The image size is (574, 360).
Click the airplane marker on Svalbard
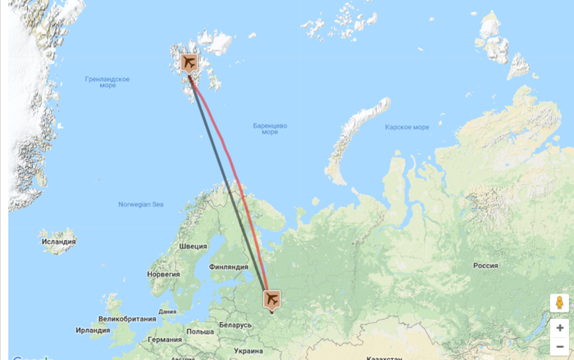(189, 63)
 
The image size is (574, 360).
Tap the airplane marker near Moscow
(271, 300)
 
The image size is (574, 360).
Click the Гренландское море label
(107, 82)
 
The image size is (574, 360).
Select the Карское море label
(407, 127)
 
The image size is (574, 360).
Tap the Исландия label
(58, 241)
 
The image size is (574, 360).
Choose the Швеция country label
(194, 246)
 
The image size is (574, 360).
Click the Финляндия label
(229, 267)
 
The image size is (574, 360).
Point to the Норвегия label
(163, 275)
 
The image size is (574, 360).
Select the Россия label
(485, 266)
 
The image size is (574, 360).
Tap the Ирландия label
(93, 330)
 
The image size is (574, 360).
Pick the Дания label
(167, 312)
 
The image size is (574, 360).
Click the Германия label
(165, 339)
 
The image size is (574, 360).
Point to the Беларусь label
(236, 325)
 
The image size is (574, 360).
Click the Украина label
(249, 351)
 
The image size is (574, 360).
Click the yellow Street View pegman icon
(559, 303)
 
